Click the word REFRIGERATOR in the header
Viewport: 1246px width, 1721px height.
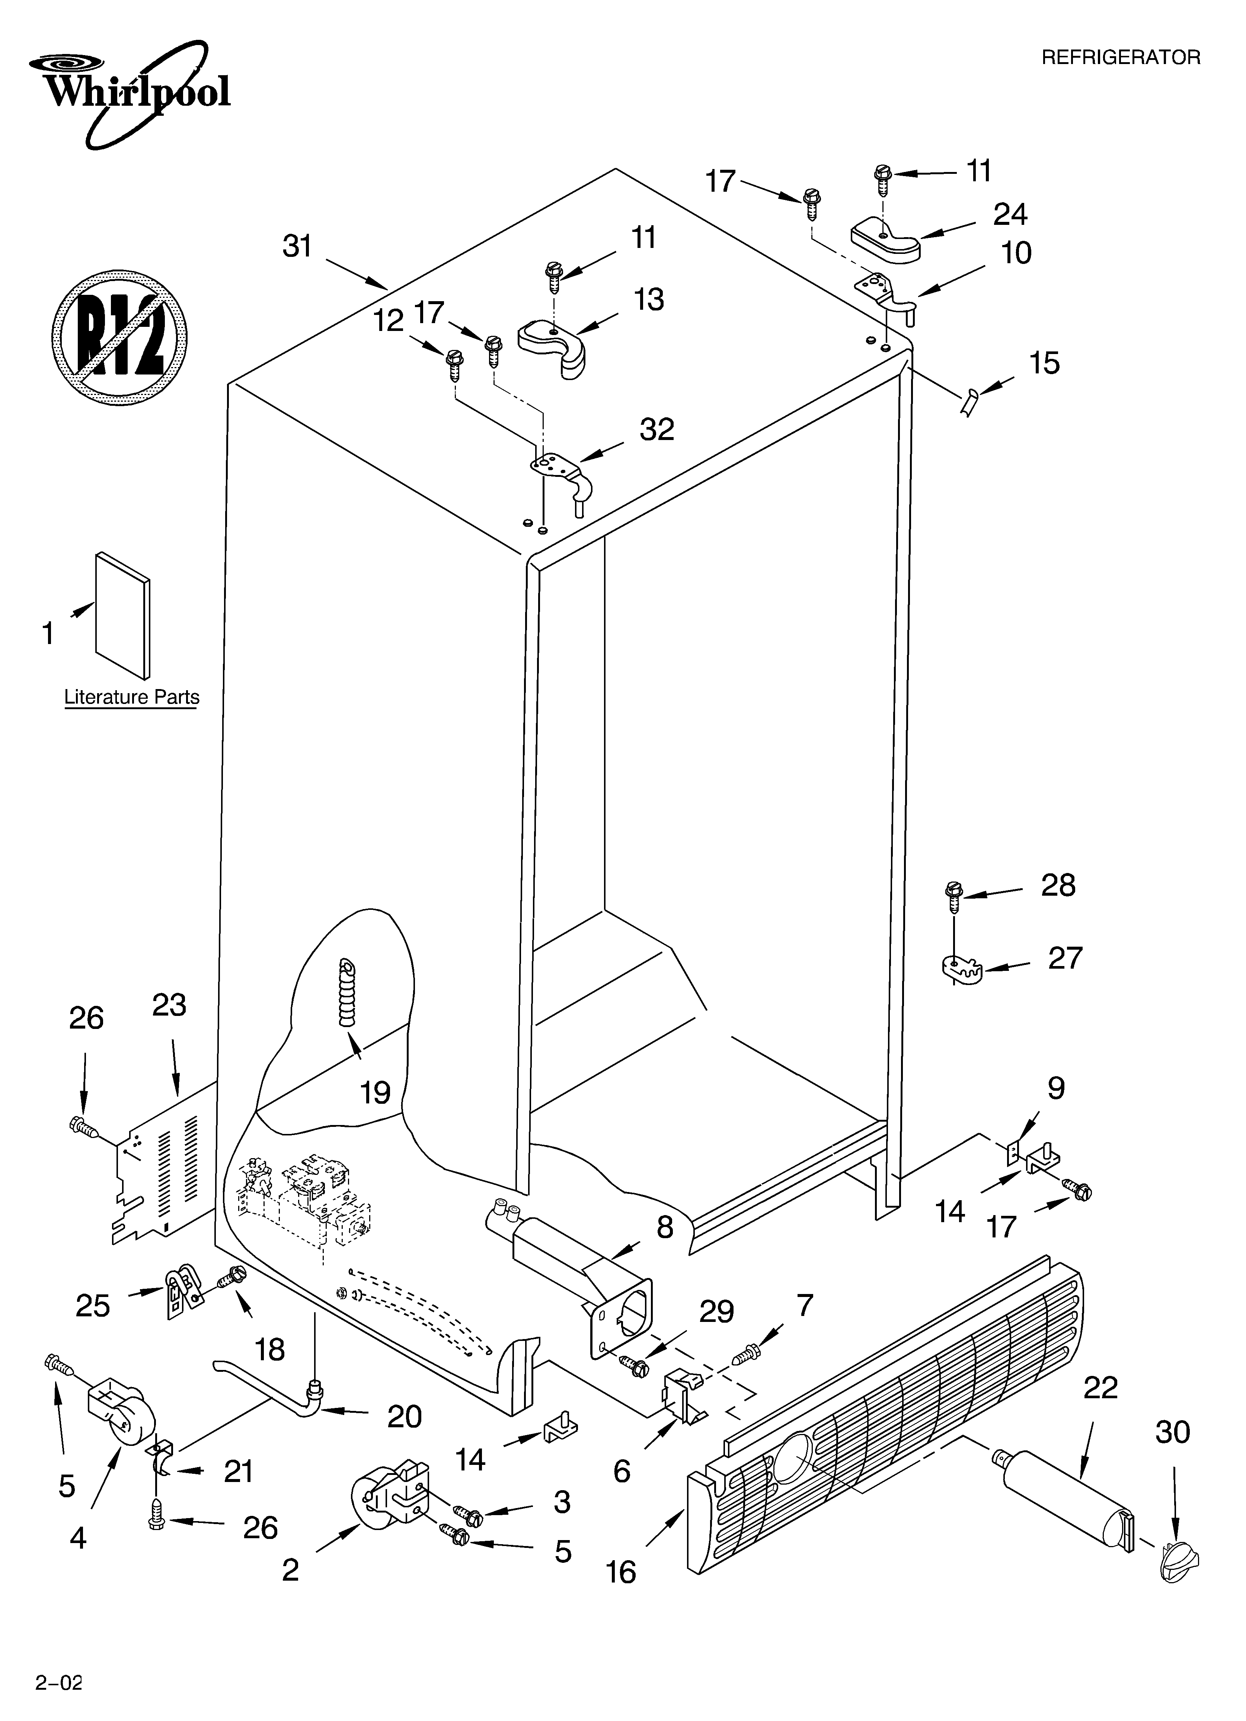1120,58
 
